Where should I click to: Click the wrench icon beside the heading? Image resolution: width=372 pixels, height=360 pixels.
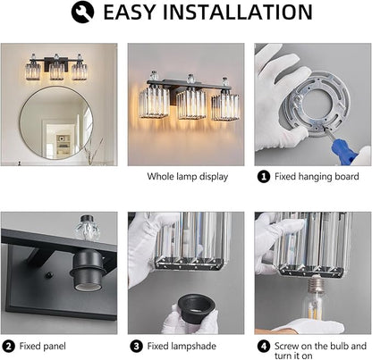pos(82,12)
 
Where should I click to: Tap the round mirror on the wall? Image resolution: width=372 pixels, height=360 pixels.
pos(56,122)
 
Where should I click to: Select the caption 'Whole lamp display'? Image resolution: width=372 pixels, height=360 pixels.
pos(188,177)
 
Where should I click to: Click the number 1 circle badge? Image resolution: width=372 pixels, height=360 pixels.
pos(264,177)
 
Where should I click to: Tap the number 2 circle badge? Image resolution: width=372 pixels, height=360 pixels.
pos(8,347)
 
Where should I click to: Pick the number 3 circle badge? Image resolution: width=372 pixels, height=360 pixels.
pos(136,347)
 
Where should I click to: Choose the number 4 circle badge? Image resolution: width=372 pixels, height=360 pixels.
pos(264,347)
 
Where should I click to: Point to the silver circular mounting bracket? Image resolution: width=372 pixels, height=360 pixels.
pos(316,104)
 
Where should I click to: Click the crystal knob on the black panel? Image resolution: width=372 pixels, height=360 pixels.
pos(86,228)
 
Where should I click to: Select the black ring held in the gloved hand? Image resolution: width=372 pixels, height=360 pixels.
pos(197,308)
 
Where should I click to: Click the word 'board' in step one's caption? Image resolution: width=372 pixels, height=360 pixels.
pos(347,176)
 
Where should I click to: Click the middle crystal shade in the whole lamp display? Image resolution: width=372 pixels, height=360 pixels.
pos(191,105)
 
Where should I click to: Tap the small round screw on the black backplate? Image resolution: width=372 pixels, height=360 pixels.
pos(48,275)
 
